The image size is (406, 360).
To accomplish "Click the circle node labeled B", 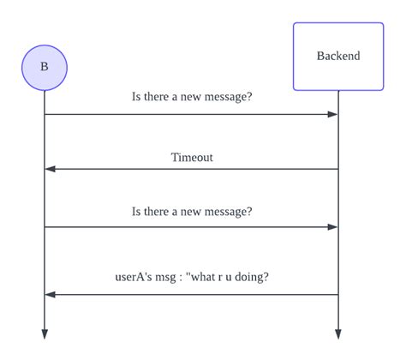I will pyautogui.click(x=44, y=68).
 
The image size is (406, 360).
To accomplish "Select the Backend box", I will pyautogui.click(x=337, y=57).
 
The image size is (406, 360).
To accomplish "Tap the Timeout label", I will pyautogui.click(x=192, y=157).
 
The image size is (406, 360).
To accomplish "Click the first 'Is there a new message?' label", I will pyautogui.click(x=192, y=97).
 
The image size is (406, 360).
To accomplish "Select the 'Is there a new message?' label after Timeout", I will pyautogui.click(x=192, y=211).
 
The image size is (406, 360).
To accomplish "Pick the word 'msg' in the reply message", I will pyautogui.click(x=172, y=277).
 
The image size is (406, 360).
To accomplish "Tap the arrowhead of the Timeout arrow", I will pyautogui.click(x=50, y=169).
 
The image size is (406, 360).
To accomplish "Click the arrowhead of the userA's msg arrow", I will pyautogui.click(x=50, y=295).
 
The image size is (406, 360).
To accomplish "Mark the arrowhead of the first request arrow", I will pyautogui.click(x=332, y=114).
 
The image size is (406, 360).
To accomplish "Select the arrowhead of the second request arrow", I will pyautogui.click(x=332, y=227).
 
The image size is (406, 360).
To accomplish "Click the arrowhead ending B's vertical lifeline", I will pyautogui.click(x=44, y=334).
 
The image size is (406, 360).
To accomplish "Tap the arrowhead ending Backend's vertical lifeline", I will pyautogui.click(x=337, y=334).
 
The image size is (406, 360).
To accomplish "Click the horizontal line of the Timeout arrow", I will pyautogui.click(x=192, y=169).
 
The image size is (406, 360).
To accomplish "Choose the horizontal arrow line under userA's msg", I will pyautogui.click(x=192, y=295).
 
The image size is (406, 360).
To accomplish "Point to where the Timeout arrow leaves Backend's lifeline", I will pyautogui.click(x=337, y=169).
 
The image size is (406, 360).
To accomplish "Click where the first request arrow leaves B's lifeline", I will pyautogui.click(x=45, y=114).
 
